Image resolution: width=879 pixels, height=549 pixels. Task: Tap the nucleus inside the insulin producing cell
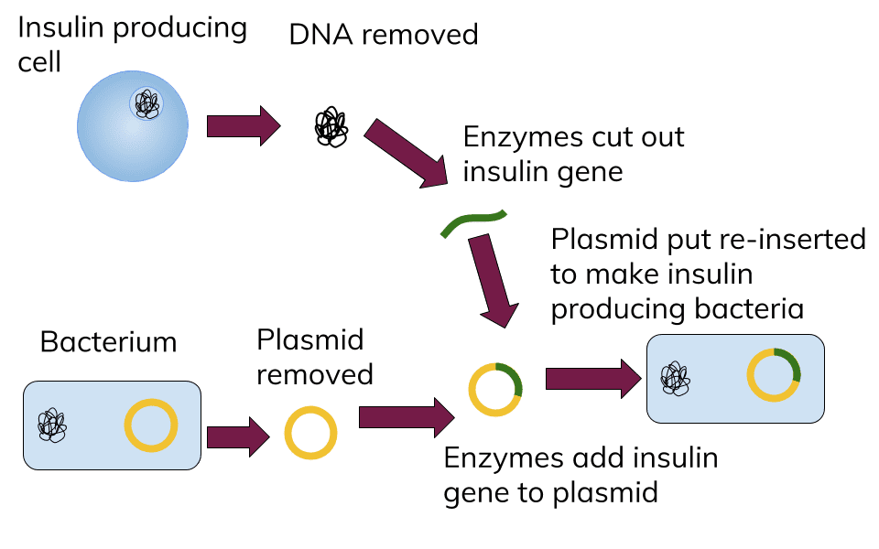(146, 103)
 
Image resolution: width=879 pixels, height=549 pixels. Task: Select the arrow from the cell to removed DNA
(242, 125)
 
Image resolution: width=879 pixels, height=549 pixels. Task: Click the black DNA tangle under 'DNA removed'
(331, 127)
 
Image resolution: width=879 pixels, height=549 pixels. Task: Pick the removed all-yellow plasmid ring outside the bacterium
(310, 433)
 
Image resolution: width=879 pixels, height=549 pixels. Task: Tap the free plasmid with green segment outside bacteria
(495, 390)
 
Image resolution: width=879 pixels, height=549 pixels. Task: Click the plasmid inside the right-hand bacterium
(774, 374)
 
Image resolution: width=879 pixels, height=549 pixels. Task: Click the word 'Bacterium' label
(108, 343)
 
